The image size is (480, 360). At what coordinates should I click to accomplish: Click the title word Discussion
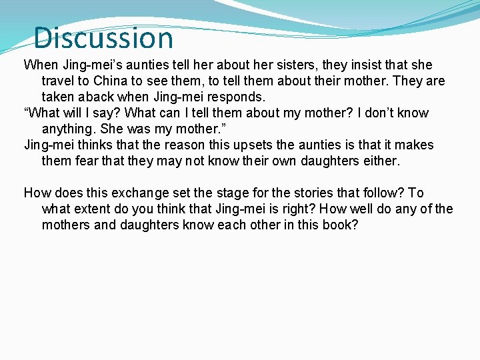click(103, 38)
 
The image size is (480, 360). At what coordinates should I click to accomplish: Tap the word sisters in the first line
click(293, 65)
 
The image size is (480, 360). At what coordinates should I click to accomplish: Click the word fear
click(87, 161)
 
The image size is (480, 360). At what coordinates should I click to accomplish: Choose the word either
click(379, 161)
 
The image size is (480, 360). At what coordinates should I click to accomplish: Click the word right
click(294, 209)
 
